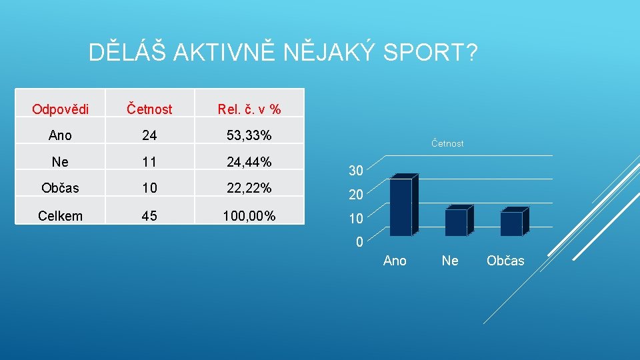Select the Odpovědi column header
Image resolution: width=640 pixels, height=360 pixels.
[x=60, y=109]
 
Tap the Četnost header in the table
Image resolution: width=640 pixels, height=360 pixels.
[x=149, y=109]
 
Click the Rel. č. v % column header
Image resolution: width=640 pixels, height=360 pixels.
[x=249, y=109]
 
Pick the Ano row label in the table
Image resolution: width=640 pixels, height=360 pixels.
[x=60, y=135]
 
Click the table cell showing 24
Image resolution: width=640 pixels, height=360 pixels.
[x=149, y=135]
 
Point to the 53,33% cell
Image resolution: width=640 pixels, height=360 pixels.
[x=249, y=135]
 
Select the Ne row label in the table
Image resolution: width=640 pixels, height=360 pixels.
[x=60, y=161]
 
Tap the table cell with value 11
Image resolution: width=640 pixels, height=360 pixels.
[x=149, y=161]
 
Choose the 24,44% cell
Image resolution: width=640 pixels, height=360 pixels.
[x=249, y=161]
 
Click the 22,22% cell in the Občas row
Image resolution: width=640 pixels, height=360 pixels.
[x=249, y=188]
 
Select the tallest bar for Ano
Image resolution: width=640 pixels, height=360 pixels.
[x=401, y=207]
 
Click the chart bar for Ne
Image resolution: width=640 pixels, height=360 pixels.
[x=456, y=222]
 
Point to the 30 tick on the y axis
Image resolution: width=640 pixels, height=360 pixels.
[x=356, y=171]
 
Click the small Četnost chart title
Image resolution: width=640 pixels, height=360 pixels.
[x=447, y=143]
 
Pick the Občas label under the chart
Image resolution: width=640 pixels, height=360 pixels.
[x=505, y=261]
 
